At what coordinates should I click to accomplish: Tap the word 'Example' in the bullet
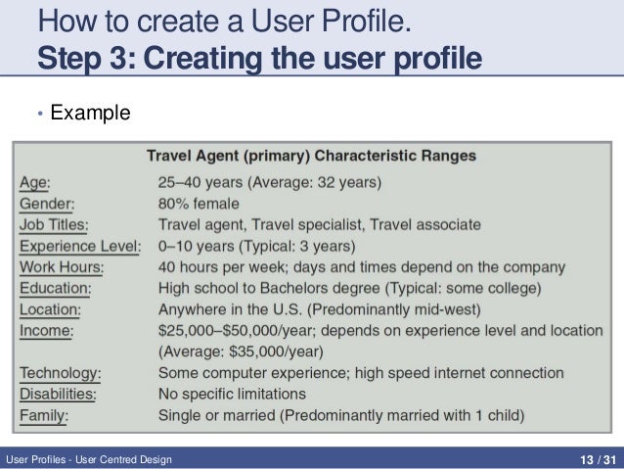click(90, 115)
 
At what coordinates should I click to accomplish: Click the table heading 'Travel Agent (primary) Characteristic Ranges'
click(311, 155)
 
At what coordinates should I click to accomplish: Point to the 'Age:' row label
click(36, 182)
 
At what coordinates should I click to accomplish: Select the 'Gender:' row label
click(47, 204)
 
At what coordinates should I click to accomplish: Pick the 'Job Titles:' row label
click(55, 224)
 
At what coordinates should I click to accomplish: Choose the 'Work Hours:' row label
click(62, 266)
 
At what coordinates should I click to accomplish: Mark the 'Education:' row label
click(56, 288)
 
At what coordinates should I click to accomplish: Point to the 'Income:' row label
click(46, 330)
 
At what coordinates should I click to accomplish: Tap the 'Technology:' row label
click(62, 373)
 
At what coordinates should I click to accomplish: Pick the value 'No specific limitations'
click(233, 394)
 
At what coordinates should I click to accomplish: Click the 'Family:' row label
click(46, 415)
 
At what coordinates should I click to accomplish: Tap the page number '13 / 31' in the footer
click(596, 458)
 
